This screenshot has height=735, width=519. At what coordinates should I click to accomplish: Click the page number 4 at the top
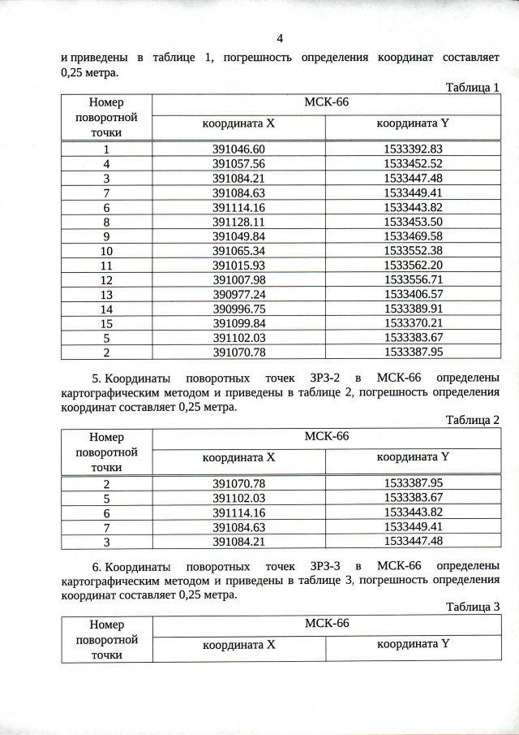280,38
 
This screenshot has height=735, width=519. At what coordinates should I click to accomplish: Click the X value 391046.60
239,149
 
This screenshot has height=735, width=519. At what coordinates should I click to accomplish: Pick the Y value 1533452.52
413,163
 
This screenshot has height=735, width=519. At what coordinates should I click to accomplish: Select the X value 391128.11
239,222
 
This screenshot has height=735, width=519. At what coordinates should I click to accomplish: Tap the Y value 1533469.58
413,236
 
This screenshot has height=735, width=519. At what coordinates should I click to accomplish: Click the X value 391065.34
239,251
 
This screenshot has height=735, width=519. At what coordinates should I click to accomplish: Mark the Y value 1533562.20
413,266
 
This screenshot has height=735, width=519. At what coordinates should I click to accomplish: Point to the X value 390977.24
239,295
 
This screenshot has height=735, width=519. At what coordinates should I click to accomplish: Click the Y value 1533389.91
413,309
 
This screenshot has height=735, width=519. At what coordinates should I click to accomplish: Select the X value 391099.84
239,323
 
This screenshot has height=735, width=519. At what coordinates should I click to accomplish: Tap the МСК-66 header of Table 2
326,436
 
